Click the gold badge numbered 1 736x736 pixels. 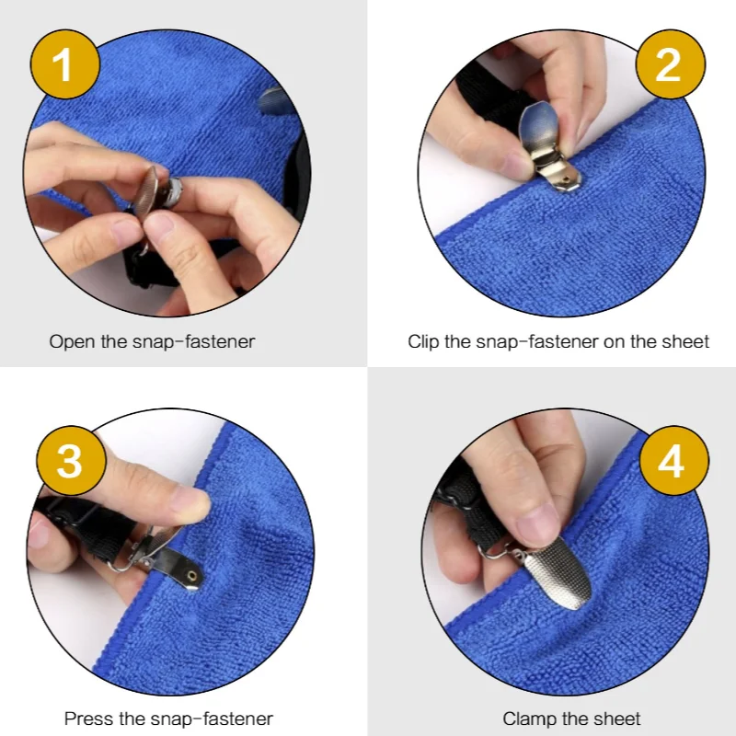(x=64, y=63)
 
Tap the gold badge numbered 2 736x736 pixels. (x=671, y=63)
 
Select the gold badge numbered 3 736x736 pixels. (x=71, y=460)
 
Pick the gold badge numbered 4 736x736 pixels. (x=674, y=461)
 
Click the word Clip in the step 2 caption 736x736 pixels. (x=423, y=341)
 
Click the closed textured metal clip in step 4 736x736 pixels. (x=557, y=572)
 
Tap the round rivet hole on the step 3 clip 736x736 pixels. (x=191, y=576)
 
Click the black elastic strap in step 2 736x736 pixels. (x=489, y=97)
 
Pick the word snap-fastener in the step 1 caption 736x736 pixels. (x=194, y=341)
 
